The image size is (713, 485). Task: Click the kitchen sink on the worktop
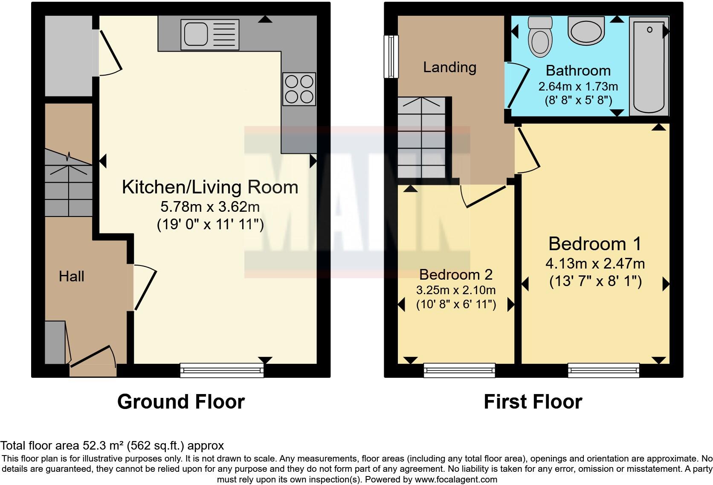point(209,35)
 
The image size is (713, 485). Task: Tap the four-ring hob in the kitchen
point(299,89)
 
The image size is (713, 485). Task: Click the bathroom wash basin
point(586,31)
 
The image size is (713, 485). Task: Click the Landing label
point(449,67)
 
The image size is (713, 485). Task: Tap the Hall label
point(71,276)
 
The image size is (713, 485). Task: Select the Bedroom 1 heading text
point(595,244)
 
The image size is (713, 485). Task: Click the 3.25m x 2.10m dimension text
point(456,290)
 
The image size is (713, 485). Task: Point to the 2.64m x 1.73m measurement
point(578,86)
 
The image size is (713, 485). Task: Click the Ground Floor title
point(181,402)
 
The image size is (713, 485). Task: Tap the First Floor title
point(533,402)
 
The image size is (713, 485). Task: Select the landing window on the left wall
point(391,56)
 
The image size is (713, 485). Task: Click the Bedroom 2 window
point(459,370)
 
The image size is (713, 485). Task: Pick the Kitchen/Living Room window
point(222,370)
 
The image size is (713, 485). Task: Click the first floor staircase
point(422,137)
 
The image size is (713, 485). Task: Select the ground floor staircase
point(69,183)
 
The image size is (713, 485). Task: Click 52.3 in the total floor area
point(93,446)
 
